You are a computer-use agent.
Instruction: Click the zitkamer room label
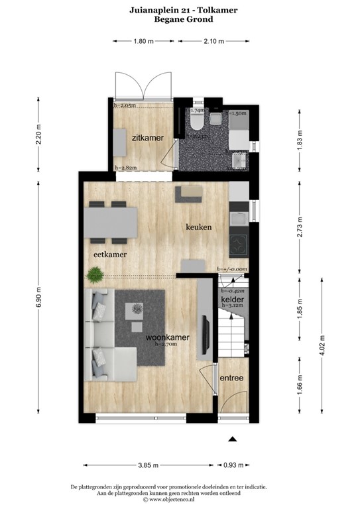pos(143,139)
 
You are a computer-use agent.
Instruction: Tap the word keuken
pos(198,227)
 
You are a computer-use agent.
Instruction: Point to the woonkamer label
pos(167,337)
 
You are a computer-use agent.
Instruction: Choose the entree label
pos(231,378)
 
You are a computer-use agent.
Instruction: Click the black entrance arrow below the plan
pos(232,438)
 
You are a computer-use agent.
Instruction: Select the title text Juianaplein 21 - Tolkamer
pos(180,11)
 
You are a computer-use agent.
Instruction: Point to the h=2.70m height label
pos(166,345)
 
